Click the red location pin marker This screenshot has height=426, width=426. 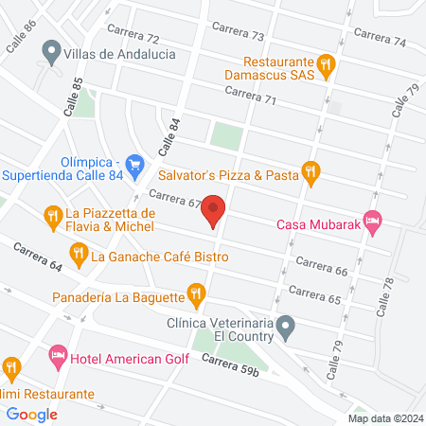[x=214, y=211]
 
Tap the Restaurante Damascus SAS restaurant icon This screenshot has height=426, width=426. [x=327, y=64]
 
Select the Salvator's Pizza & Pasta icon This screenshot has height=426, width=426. [x=311, y=172]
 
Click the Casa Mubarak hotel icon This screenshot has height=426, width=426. [x=373, y=224]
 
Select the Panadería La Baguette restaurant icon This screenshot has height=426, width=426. [x=196, y=295]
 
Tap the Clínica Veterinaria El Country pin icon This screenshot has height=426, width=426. [x=291, y=328]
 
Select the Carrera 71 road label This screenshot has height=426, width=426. [x=250, y=94]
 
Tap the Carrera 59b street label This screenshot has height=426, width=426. [x=230, y=364]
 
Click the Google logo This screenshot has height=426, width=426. [x=32, y=414]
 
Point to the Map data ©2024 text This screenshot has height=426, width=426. [x=384, y=417]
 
